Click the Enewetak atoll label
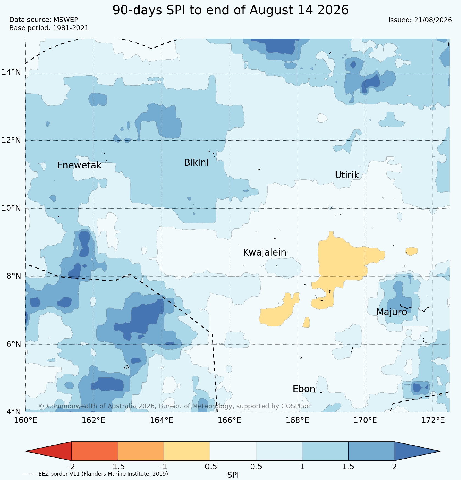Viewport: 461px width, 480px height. (79, 165)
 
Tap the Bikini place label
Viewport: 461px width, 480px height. (196, 163)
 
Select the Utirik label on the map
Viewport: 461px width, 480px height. (347, 175)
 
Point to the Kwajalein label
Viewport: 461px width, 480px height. (264, 253)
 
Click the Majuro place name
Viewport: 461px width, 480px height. (391, 312)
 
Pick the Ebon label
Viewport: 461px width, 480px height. (304, 389)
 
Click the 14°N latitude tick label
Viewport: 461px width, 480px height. (11, 72)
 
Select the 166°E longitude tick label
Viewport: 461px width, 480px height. (230, 420)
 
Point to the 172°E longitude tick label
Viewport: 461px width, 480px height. (433, 420)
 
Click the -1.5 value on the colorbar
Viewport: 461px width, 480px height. (117, 467)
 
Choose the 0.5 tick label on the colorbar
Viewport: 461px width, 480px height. (256, 467)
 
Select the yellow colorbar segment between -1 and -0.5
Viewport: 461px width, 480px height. (187, 451)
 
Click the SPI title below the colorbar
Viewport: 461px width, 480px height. (233, 475)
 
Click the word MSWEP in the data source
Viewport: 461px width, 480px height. (66, 20)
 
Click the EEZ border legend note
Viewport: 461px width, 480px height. (95, 474)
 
